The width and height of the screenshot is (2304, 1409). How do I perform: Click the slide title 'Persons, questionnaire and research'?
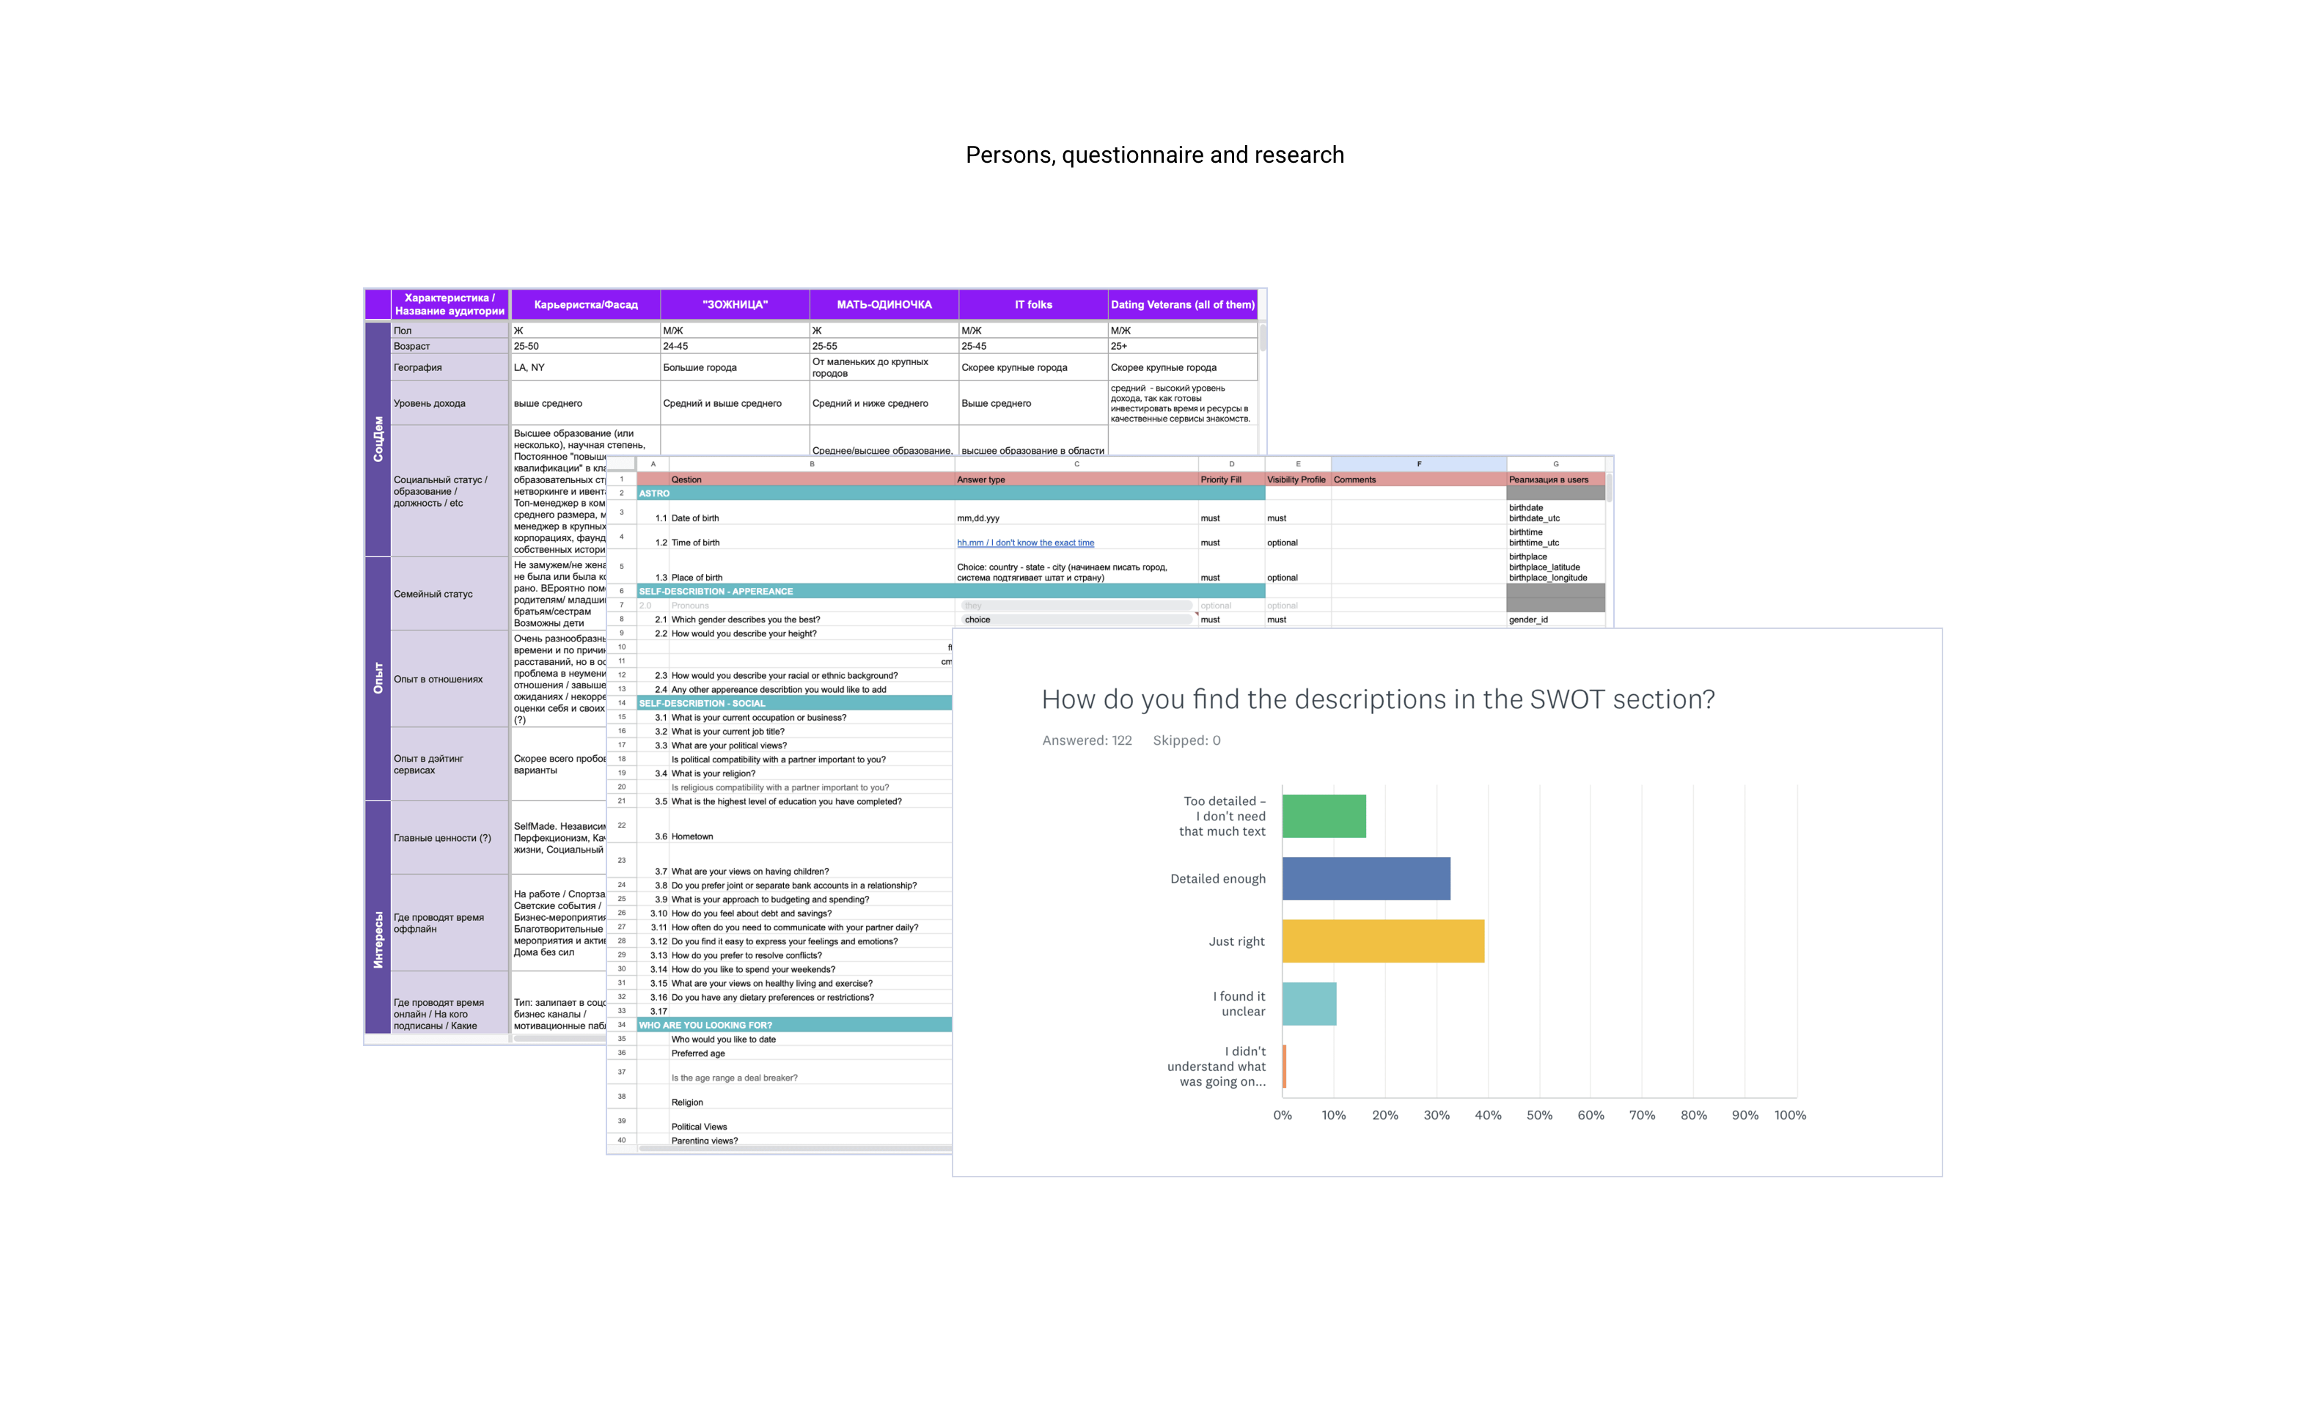1154,155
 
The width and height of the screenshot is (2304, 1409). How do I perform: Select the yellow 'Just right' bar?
1382,941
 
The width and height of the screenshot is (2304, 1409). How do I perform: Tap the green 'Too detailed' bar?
1323,815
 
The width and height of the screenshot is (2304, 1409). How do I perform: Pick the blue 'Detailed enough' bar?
1365,878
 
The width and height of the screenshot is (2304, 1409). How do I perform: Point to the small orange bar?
1285,1066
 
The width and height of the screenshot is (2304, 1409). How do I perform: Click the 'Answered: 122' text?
1087,740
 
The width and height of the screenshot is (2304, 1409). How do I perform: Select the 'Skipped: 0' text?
1186,740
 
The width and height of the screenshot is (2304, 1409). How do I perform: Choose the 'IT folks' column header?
1033,305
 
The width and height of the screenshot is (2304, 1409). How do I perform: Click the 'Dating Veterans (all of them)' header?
1182,305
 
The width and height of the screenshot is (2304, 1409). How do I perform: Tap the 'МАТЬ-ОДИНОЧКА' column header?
884,305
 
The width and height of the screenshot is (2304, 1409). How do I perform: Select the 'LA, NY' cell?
529,367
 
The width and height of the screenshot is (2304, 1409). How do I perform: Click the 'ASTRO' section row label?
655,493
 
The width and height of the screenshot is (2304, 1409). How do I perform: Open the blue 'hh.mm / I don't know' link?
1025,542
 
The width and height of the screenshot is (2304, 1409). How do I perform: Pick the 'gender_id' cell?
1528,620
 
